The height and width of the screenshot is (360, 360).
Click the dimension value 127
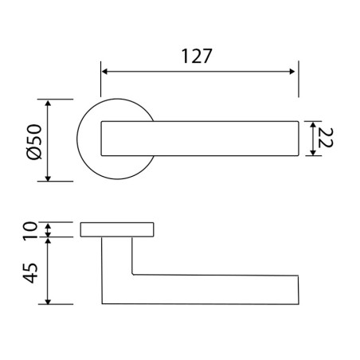tap(197, 56)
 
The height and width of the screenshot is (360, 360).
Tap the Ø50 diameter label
tap(35, 142)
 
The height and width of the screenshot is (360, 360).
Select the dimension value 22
tap(325, 138)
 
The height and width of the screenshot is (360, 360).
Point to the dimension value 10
tap(29, 231)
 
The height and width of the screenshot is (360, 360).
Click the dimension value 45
tap(29, 273)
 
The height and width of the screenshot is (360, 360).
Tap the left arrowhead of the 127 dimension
tap(104, 72)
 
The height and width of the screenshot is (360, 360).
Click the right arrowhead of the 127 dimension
tap(292, 72)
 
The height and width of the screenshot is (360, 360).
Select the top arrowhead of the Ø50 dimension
tap(48, 104)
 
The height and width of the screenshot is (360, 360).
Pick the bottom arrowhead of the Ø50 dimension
tap(48, 178)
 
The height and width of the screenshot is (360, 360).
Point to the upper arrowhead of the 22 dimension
tap(313, 125)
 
